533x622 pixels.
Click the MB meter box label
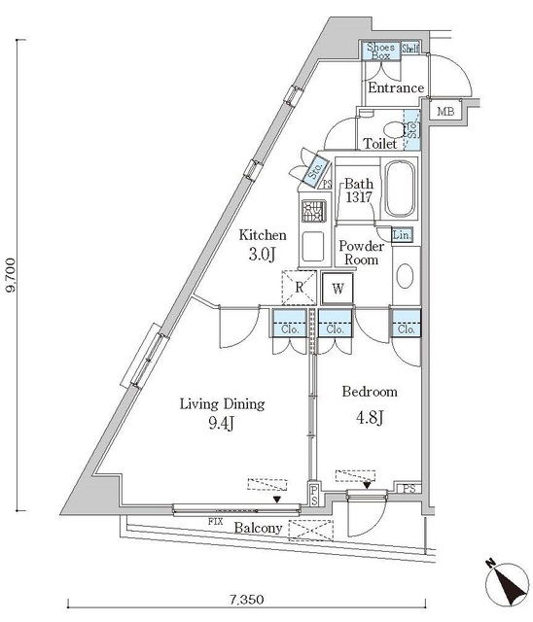tap(445, 112)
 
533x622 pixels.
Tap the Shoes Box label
tap(380, 52)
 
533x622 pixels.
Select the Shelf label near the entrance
tap(410, 49)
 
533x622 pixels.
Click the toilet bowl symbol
tap(395, 129)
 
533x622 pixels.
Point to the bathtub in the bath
tap(401, 189)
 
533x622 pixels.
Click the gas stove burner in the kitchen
tap(313, 211)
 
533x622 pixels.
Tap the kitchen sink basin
tap(313, 247)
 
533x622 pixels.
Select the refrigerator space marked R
tap(299, 288)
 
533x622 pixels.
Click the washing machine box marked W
tap(338, 289)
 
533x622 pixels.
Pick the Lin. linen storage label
tap(402, 235)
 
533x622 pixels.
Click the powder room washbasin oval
tap(405, 276)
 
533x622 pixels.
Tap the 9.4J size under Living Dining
tap(222, 424)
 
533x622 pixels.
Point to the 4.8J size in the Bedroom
tap(370, 417)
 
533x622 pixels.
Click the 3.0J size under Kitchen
tap(262, 255)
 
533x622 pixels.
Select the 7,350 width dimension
tap(246, 599)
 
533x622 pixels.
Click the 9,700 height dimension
tap(11, 275)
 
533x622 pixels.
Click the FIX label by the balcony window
tap(215, 521)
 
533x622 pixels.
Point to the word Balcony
tap(258, 528)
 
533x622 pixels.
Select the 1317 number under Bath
tap(359, 197)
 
